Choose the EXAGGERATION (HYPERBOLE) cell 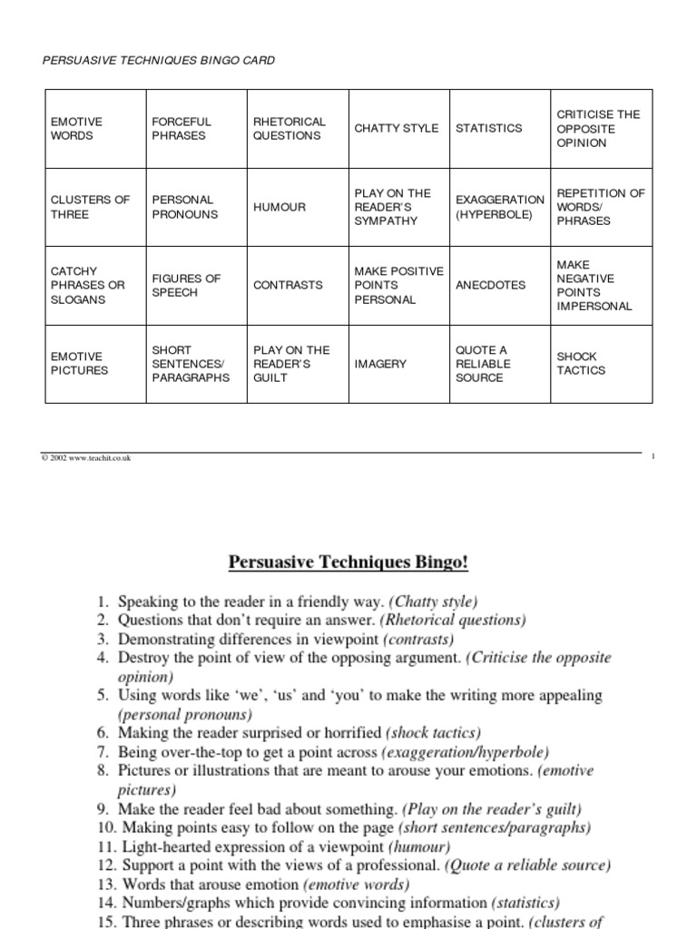pyautogui.click(x=500, y=207)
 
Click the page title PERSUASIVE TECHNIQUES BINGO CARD pyautogui.click(x=159, y=61)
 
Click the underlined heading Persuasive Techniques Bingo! pyautogui.click(x=348, y=562)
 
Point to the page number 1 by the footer pyautogui.click(x=653, y=458)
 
